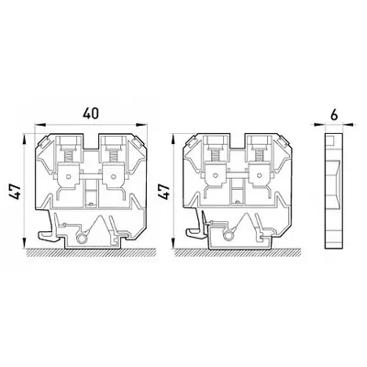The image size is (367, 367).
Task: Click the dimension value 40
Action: coord(91,114)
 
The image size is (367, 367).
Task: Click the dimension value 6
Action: coord(334,116)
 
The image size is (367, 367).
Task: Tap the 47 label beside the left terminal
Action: coord(17,192)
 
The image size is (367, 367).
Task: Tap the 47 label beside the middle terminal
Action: coord(165,192)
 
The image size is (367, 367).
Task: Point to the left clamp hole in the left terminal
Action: coord(70,176)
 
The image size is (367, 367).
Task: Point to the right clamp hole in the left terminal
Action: coord(114,176)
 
